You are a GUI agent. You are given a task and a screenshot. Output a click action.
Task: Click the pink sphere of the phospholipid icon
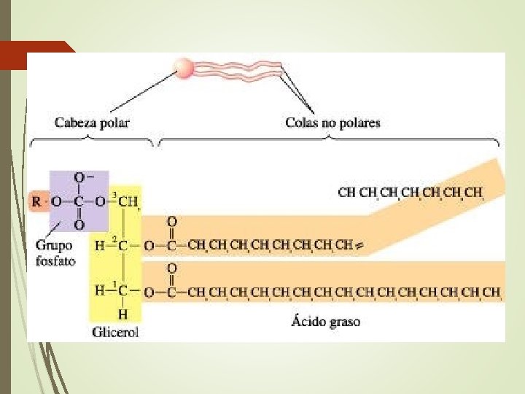point(183,69)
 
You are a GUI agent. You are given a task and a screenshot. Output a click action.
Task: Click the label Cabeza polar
point(92,123)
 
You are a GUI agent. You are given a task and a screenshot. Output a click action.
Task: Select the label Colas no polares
point(332,123)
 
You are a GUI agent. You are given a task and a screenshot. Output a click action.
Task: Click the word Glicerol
point(116,332)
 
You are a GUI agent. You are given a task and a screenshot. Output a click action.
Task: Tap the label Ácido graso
point(327,321)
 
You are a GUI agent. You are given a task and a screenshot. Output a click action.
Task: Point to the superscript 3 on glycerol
point(113,193)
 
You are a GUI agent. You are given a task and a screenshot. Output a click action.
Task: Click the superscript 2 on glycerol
point(113,239)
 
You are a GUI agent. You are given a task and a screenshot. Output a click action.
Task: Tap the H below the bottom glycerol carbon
point(122,314)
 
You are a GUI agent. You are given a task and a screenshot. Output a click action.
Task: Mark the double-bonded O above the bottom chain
point(171,269)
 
